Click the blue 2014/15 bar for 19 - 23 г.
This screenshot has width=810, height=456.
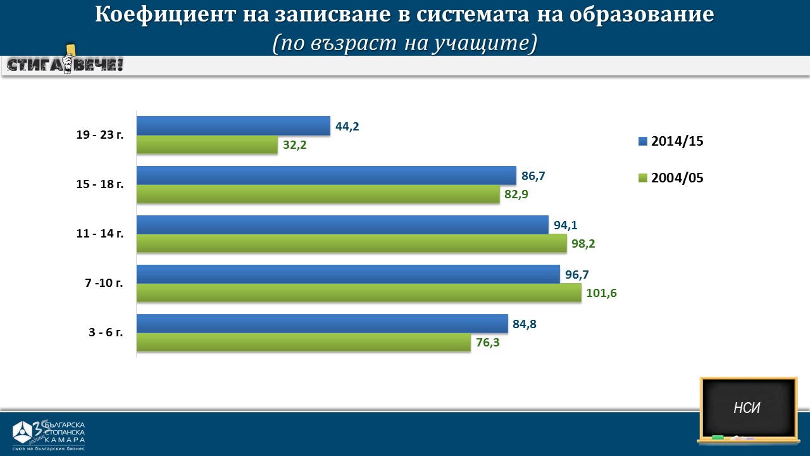(233, 125)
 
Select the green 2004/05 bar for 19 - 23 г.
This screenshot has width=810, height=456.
(207, 145)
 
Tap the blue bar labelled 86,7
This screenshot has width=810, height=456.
(327, 175)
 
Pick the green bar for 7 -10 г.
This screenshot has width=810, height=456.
(358, 293)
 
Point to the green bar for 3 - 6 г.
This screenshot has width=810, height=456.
(303, 342)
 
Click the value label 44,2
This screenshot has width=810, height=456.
(347, 126)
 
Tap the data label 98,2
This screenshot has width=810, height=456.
(583, 243)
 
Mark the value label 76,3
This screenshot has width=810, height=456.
(488, 343)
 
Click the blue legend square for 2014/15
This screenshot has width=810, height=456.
(643, 141)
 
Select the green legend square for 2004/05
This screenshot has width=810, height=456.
(643, 178)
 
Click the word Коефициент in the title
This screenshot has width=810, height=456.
(164, 15)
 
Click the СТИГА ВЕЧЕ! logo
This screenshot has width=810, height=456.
(65, 64)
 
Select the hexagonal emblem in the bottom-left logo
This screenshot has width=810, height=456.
(23, 432)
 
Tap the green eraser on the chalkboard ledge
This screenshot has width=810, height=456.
(717, 437)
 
